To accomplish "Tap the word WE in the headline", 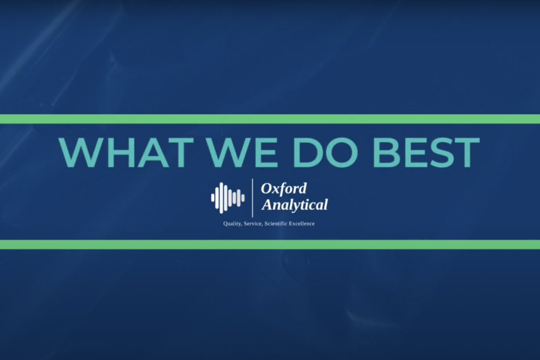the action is click(243, 153).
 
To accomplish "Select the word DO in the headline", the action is click(325, 153).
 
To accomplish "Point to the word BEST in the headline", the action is click(426, 153).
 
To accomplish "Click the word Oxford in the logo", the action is click(283, 189).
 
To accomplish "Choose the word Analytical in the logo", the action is click(294, 204).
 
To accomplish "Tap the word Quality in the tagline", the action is click(232, 224).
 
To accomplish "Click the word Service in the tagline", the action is click(253, 224).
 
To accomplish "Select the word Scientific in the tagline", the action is click(275, 224).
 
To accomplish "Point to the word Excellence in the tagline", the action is click(302, 224).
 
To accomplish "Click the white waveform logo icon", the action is click(228, 198).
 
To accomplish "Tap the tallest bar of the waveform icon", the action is click(221, 198).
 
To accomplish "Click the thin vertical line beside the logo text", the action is click(253, 198).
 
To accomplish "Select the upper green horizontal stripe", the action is click(270, 119).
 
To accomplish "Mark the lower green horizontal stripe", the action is click(270, 244).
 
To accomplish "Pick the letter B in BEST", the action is click(386, 153).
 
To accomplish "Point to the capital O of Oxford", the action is click(267, 189).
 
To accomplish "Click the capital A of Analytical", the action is click(268, 204).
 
